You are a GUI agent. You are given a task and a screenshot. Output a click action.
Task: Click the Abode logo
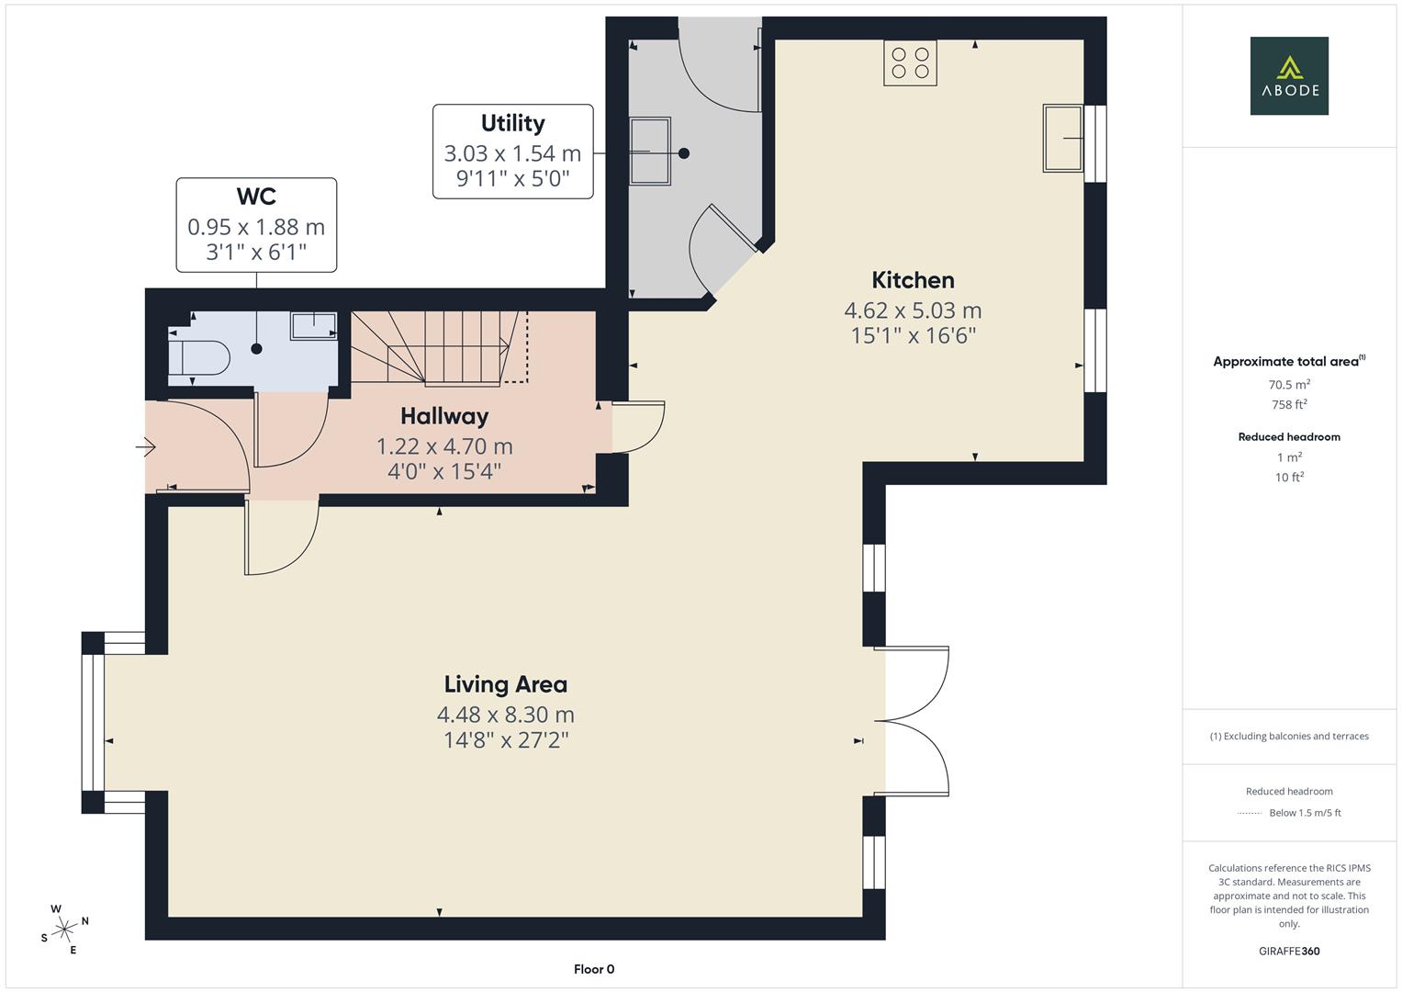point(1288,75)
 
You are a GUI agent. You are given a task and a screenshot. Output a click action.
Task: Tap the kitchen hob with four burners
point(910,62)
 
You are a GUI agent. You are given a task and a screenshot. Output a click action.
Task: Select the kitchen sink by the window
point(1063,138)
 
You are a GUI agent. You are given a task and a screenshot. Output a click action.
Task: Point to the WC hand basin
point(313,325)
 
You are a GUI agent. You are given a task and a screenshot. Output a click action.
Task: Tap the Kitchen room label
point(913,280)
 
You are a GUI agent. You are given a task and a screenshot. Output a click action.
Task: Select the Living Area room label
point(505,684)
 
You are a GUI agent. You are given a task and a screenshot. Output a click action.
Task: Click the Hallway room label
point(444,416)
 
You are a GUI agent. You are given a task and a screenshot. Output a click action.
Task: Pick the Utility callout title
point(512,123)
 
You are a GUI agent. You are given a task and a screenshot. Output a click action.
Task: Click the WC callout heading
point(256,197)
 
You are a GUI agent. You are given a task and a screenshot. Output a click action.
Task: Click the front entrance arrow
point(146,447)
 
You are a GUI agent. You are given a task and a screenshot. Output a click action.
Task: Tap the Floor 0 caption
point(594,969)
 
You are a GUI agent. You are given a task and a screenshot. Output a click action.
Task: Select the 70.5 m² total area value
point(1289,385)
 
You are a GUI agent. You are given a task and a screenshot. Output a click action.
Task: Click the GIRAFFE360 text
point(1289,951)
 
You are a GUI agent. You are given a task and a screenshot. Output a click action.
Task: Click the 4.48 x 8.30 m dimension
point(505,715)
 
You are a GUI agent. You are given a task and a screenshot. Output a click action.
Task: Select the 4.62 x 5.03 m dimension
point(913,310)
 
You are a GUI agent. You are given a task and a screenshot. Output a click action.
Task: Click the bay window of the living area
point(94,722)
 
